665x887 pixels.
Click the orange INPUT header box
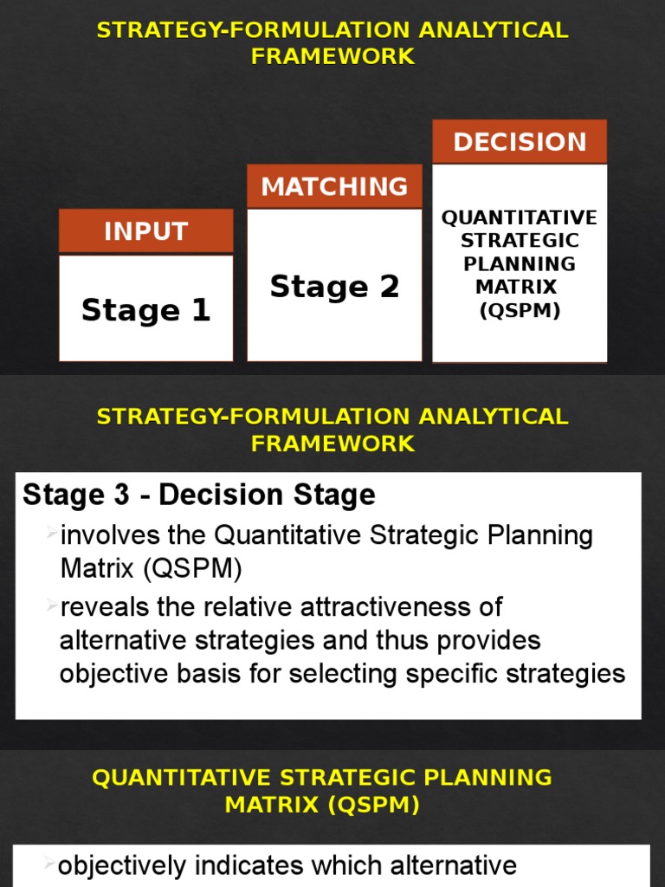pyautogui.click(x=145, y=231)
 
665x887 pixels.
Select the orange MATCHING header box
pyautogui.click(x=334, y=186)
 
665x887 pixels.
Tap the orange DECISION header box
pyautogui.click(x=520, y=142)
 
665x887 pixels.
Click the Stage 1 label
pyautogui.click(x=145, y=310)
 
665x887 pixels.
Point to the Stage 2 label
pyautogui.click(x=334, y=287)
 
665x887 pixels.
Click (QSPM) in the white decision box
pyautogui.click(x=520, y=310)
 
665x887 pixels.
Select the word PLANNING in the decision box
pyautogui.click(x=520, y=263)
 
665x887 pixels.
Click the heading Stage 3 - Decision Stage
pyautogui.click(x=199, y=495)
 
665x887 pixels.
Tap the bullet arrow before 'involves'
pyautogui.click(x=52, y=531)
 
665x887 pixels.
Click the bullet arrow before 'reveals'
pyautogui.click(x=52, y=602)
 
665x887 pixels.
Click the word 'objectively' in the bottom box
pyautogui.click(x=121, y=865)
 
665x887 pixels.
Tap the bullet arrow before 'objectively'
pyautogui.click(x=50, y=863)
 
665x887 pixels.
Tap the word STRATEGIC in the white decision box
pyautogui.click(x=520, y=240)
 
